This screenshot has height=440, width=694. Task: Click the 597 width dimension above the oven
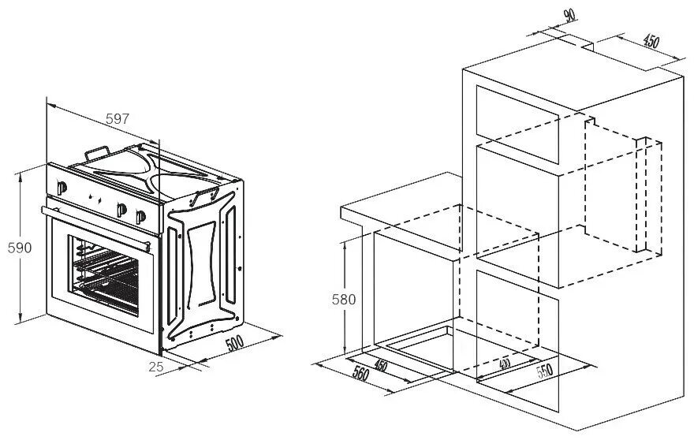point(117,118)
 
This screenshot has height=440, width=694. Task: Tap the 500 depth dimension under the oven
point(233,344)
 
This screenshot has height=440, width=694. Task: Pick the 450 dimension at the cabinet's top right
point(651,42)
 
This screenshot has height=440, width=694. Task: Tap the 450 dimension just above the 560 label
point(380,365)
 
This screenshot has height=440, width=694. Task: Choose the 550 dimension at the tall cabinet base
point(545,371)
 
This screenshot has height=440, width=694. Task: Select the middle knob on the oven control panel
point(121,209)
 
